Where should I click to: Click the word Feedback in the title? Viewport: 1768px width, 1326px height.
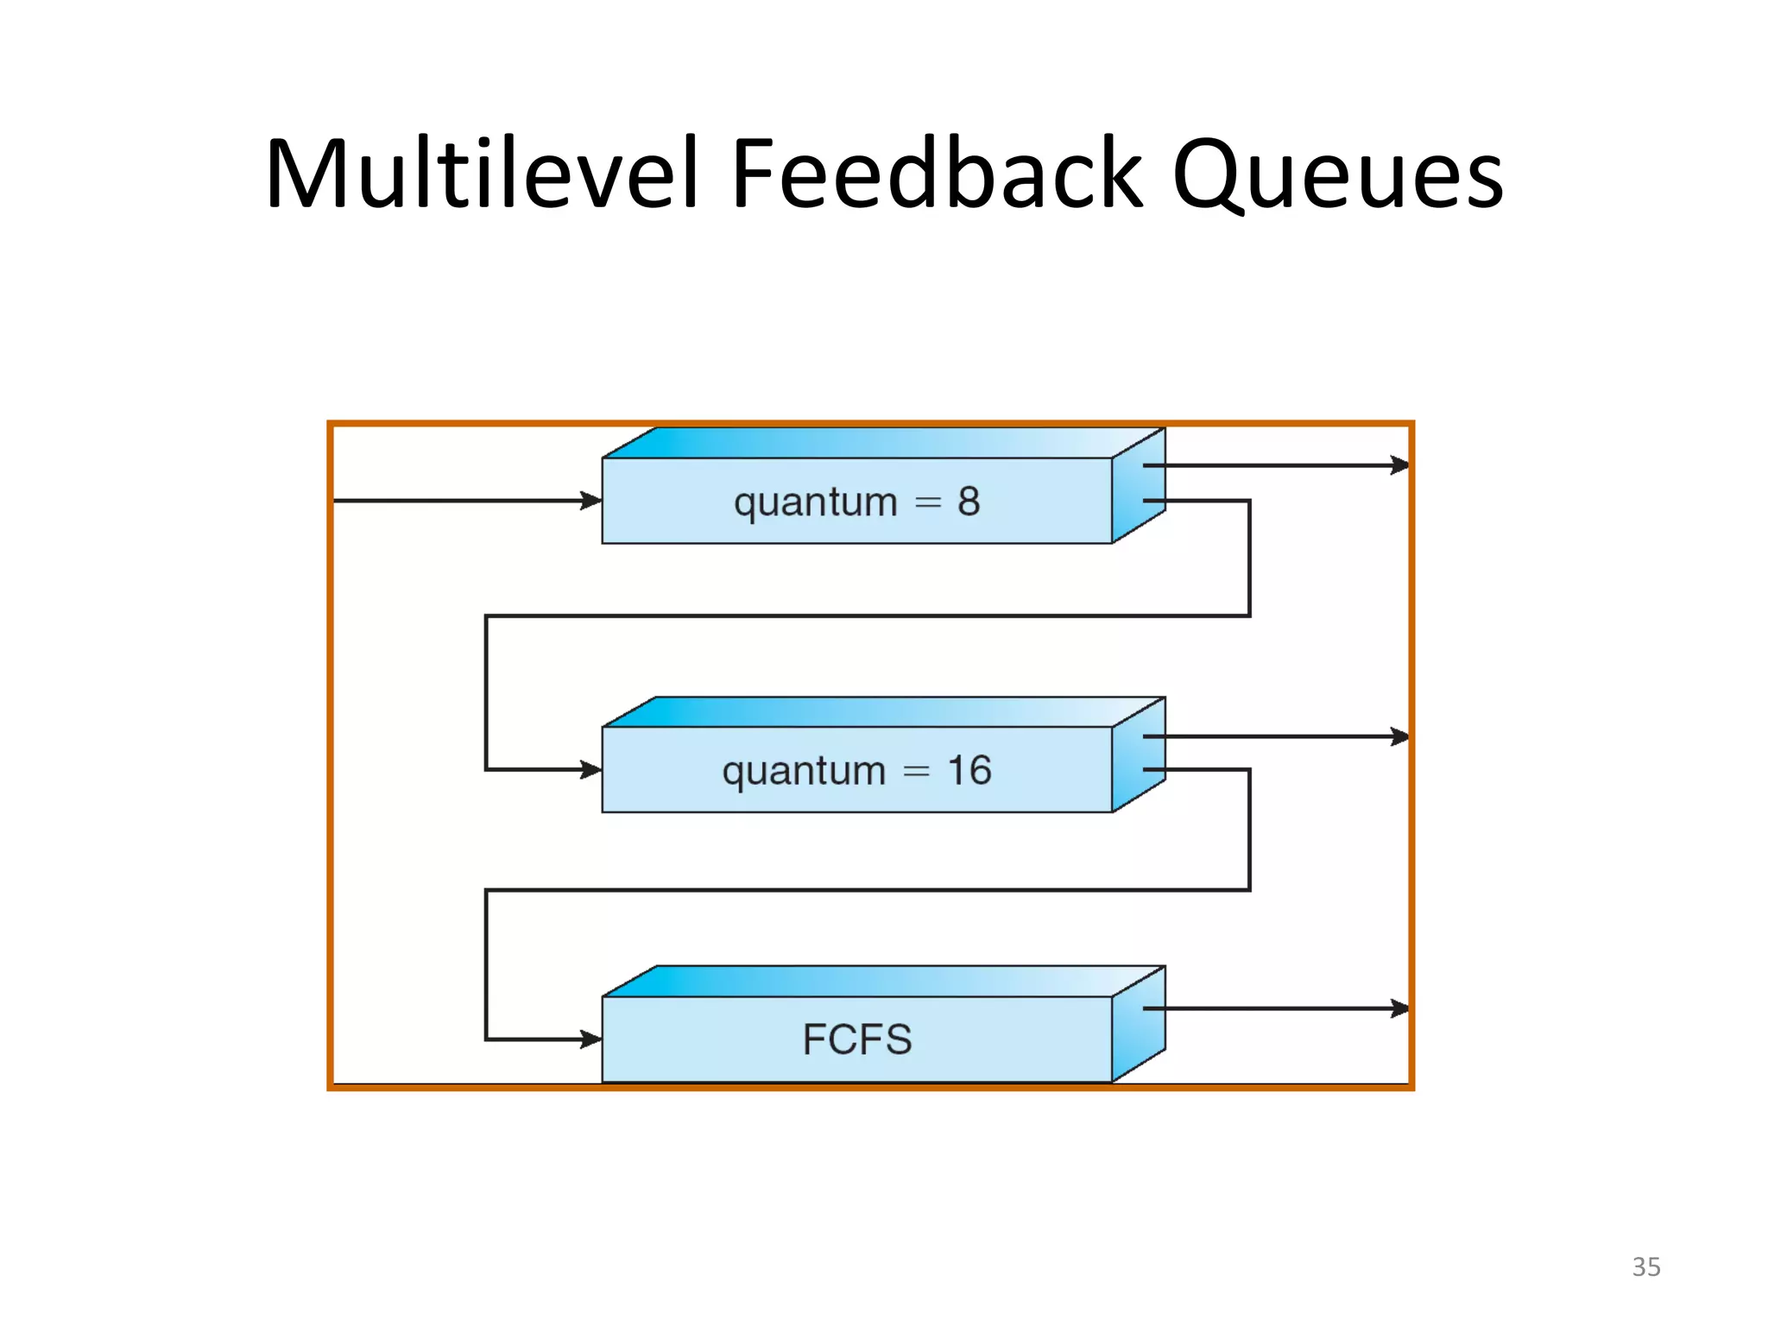(937, 174)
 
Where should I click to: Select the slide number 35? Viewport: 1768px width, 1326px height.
(1645, 1266)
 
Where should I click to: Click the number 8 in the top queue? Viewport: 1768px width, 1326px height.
(969, 502)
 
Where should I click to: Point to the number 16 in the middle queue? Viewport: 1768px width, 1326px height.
(969, 770)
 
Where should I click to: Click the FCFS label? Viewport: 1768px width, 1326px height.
(856, 1039)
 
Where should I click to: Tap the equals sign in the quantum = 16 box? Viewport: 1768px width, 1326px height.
(916, 771)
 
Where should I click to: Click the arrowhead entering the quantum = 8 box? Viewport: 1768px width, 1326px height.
(591, 501)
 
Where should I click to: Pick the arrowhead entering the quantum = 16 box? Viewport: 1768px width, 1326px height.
(591, 769)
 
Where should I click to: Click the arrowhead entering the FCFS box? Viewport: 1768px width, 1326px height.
(591, 1039)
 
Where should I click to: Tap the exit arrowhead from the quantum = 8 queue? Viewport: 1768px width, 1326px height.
(1399, 465)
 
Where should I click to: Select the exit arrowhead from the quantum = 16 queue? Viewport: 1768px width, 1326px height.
(1399, 736)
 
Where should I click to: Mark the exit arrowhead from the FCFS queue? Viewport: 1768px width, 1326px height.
(1399, 1008)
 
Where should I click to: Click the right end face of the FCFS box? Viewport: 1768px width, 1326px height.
(1139, 1036)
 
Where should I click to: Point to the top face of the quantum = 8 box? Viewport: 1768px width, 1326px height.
(881, 443)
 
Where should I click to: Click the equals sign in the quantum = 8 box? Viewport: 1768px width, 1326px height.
(927, 502)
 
